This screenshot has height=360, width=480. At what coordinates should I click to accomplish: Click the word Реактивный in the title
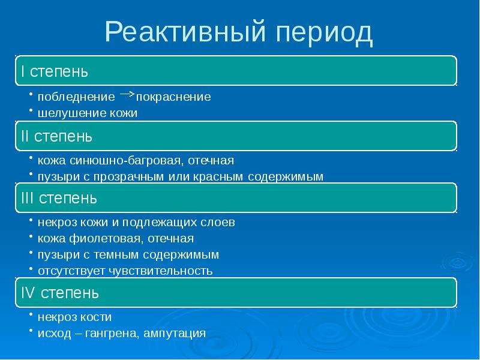(185, 32)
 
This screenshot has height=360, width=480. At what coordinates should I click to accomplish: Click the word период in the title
(324, 34)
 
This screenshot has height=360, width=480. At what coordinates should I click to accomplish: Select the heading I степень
(55, 71)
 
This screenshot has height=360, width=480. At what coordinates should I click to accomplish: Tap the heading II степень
(56, 136)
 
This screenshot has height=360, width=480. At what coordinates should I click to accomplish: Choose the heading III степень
(59, 198)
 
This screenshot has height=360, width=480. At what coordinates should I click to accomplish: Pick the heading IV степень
(60, 293)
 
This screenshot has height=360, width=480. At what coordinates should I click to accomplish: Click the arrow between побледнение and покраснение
(127, 94)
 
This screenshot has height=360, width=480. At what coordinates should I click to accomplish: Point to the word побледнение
(76, 97)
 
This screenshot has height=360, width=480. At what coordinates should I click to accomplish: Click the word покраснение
(173, 97)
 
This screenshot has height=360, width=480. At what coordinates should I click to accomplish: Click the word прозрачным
(128, 177)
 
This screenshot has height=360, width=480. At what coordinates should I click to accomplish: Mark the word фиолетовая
(106, 238)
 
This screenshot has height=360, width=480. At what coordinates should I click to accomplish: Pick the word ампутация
(175, 334)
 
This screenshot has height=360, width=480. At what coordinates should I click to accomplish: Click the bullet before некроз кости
(31, 314)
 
